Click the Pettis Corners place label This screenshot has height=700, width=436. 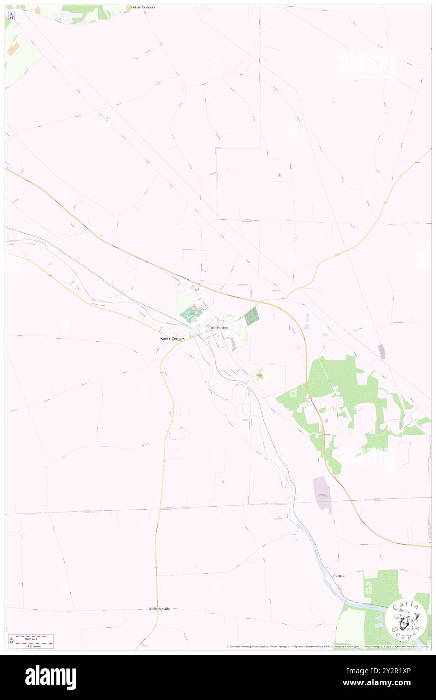tap(143, 7)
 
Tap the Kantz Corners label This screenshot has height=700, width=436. tap(169, 339)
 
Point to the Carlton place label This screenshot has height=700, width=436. tap(339, 575)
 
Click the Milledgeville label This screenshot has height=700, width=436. tap(159, 609)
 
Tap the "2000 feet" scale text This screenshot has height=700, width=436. tap(31, 637)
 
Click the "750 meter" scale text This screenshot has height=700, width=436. tap(31, 646)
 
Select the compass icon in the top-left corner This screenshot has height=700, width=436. tap(12, 16)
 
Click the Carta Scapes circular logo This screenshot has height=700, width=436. tap(406, 620)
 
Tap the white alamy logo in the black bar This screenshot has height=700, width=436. tap(51, 677)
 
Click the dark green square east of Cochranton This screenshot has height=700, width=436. tap(251, 316)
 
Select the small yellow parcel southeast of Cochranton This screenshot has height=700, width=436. tap(259, 376)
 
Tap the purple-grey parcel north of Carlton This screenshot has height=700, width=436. tap(322, 494)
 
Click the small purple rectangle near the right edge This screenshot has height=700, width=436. tap(381, 352)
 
